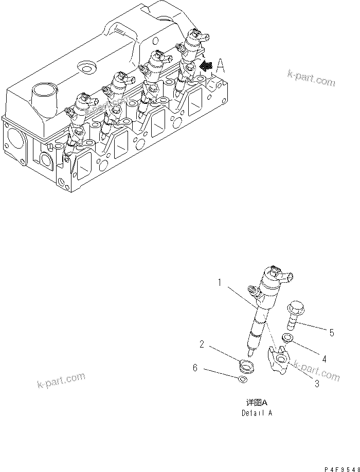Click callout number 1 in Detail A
tap(219, 282)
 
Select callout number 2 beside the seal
tap(202, 344)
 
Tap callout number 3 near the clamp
tap(317, 383)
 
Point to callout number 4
tap(324, 358)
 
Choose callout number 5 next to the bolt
tap(332, 333)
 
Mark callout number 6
tap(195, 368)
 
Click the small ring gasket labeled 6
tap(243, 380)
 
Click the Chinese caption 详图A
tap(257, 403)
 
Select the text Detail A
tap(257, 412)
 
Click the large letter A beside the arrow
tap(221, 65)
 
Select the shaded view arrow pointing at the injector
tap(206, 66)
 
